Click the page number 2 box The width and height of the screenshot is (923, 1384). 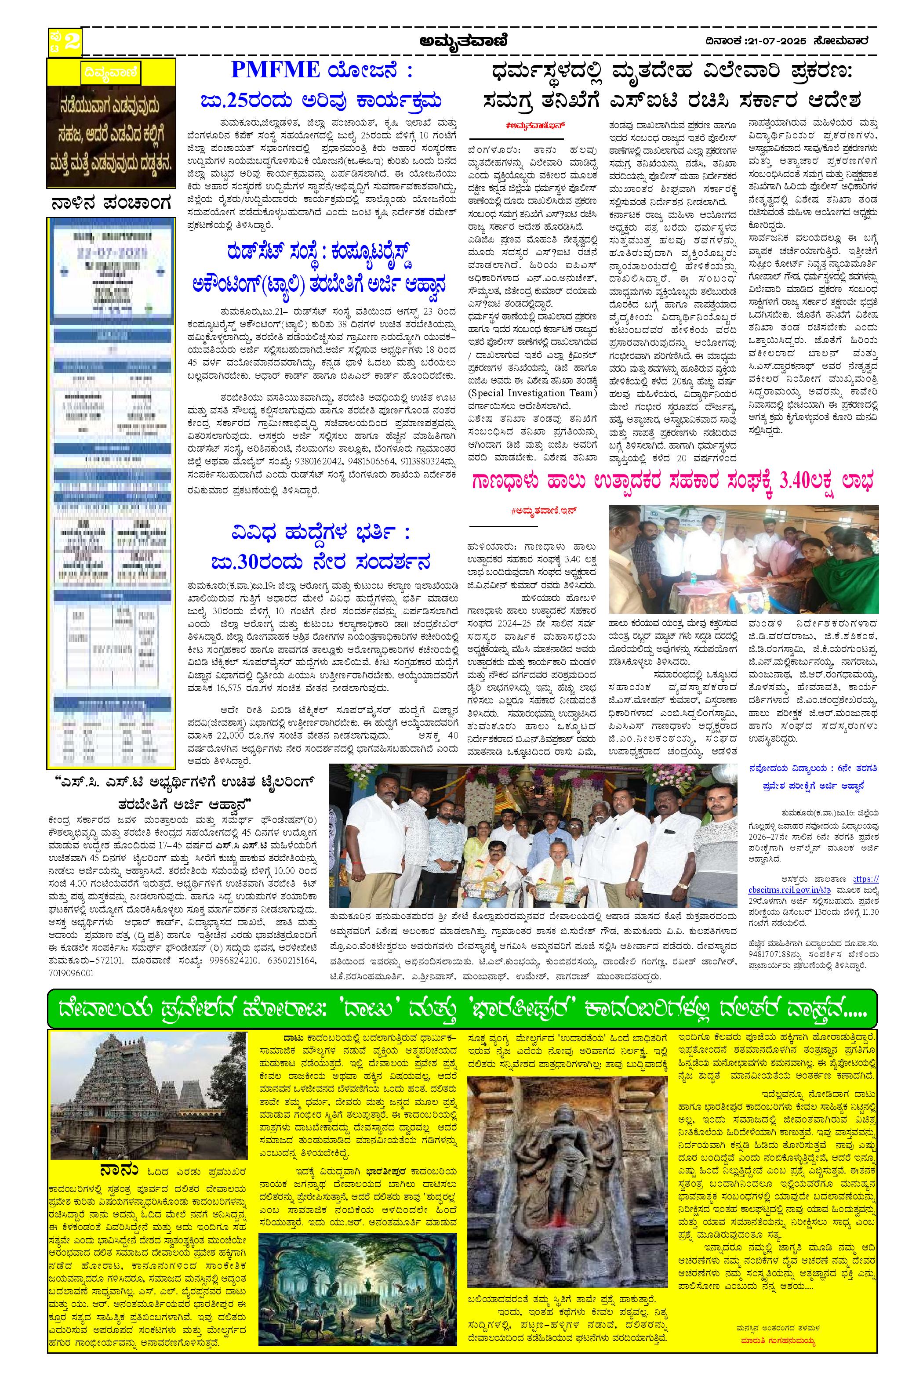(65, 42)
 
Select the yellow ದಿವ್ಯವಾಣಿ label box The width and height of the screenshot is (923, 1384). (111, 73)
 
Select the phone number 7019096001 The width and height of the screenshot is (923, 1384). (69, 973)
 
